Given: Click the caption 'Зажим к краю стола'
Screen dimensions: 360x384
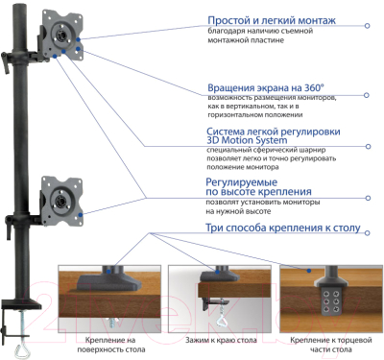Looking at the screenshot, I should pos(218,341).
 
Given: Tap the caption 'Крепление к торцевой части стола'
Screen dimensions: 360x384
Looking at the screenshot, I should pos(328,346).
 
